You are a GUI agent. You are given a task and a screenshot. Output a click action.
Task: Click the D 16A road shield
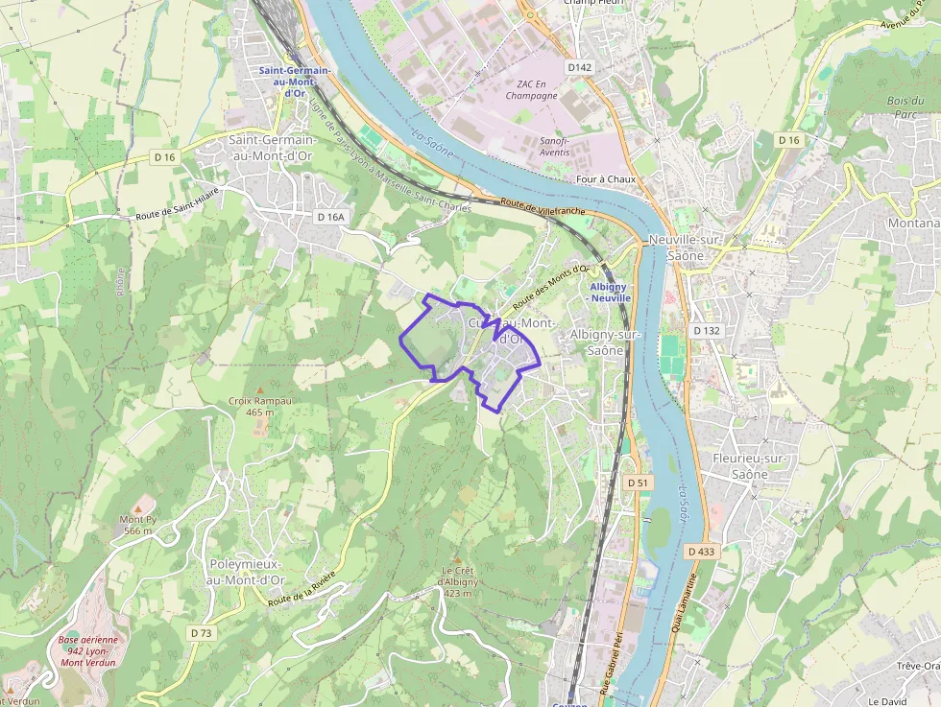(x=329, y=217)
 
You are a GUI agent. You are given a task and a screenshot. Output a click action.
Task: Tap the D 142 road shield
(x=579, y=67)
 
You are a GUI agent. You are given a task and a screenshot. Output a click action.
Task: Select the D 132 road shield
(x=706, y=330)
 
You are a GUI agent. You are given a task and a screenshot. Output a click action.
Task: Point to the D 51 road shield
(x=637, y=482)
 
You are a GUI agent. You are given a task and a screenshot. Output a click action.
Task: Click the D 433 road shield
(x=702, y=552)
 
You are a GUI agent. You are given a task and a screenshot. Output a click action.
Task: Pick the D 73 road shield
(x=201, y=633)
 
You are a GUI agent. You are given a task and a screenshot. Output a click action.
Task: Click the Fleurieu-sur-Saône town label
(x=750, y=465)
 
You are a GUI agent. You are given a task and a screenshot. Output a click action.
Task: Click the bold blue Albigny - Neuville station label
(x=610, y=293)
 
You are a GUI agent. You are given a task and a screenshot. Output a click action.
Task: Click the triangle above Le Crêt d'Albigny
(x=458, y=558)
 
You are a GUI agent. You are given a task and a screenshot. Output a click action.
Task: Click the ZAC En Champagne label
(x=531, y=89)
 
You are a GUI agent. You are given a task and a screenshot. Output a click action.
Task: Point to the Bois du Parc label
(x=900, y=107)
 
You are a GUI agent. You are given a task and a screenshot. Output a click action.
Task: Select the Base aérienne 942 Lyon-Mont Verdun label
(x=87, y=651)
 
